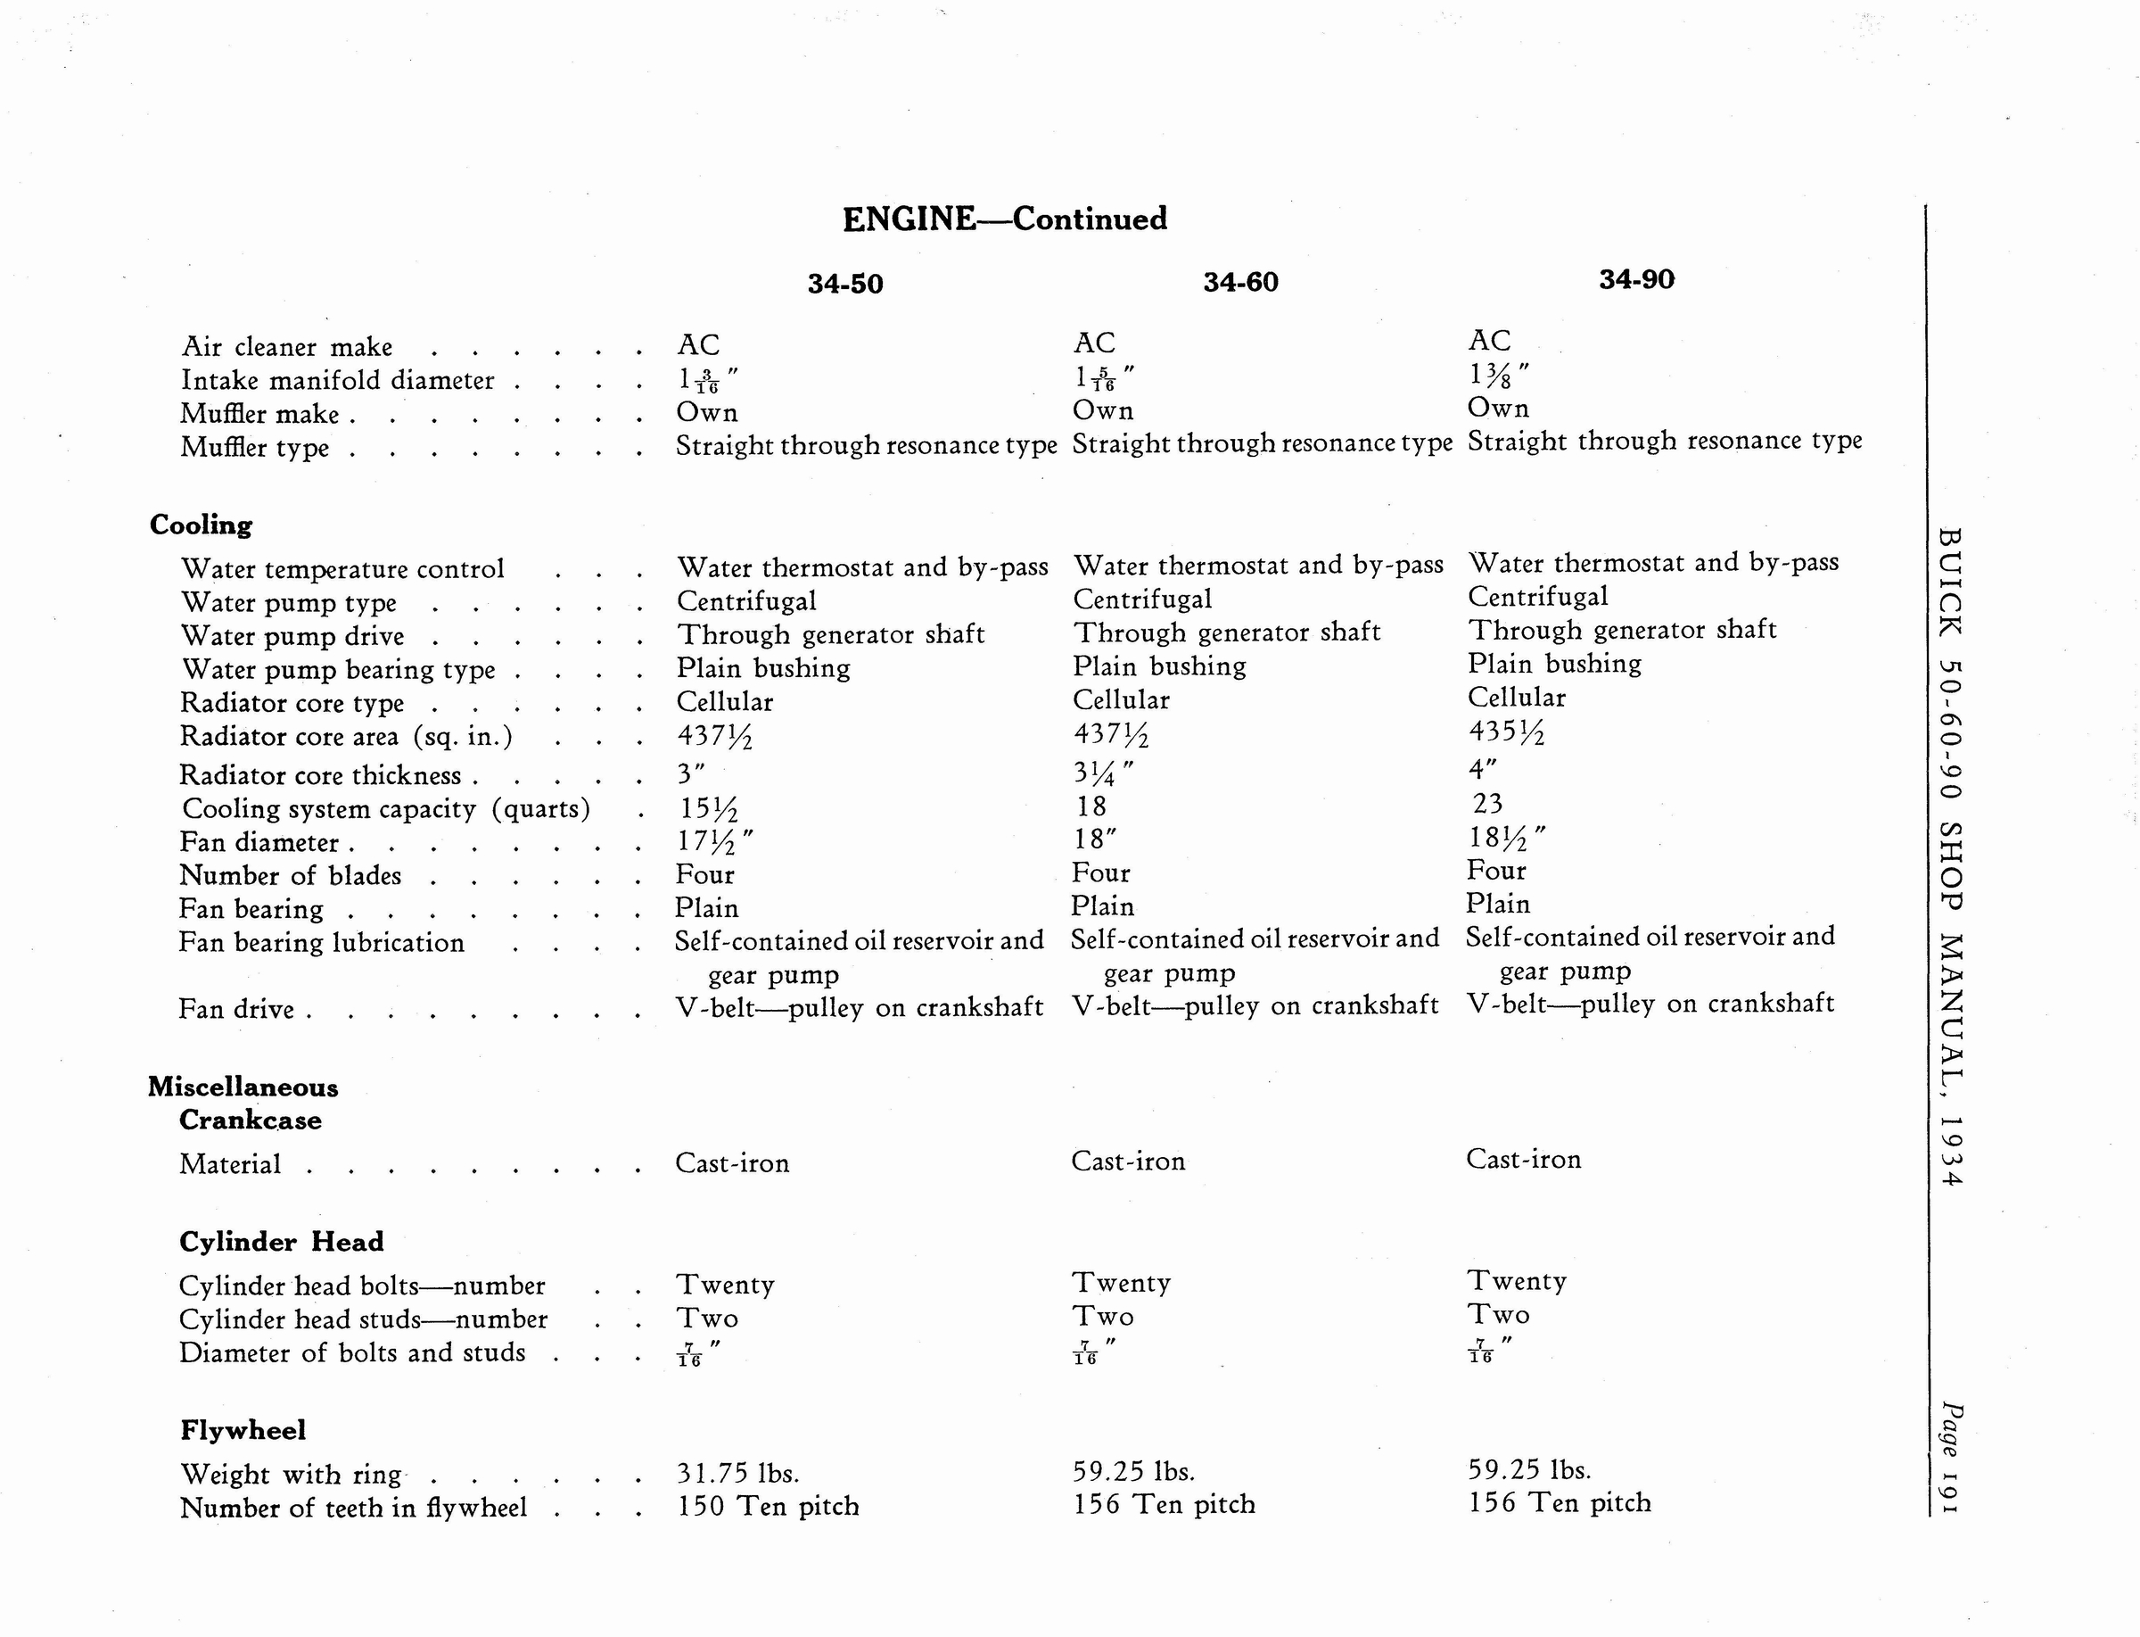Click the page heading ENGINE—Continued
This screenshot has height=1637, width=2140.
pos(1004,219)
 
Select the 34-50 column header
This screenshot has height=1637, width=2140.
pos(844,284)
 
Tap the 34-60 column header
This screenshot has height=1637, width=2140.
pos(1240,282)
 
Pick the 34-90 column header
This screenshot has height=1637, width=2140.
pos(1636,279)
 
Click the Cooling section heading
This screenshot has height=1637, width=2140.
pos(201,525)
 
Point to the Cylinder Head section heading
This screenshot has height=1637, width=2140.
pos(282,1242)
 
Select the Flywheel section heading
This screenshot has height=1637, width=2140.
pos(243,1429)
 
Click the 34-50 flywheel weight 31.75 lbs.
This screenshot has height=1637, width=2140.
pos(737,1472)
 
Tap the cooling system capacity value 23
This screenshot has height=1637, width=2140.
pos(1487,803)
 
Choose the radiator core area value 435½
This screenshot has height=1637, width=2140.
pos(1506,732)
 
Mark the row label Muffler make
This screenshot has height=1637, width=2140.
pos(260,414)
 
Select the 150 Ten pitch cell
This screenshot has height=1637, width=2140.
pos(768,1507)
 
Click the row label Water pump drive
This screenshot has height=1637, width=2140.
pos(292,636)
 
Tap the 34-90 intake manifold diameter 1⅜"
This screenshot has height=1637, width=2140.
pos(1498,376)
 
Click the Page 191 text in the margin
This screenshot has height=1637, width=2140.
pos(1951,1457)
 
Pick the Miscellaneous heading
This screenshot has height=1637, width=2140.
pos(243,1087)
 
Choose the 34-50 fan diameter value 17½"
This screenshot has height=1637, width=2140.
pos(715,840)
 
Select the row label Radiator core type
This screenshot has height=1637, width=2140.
pos(292,703)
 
